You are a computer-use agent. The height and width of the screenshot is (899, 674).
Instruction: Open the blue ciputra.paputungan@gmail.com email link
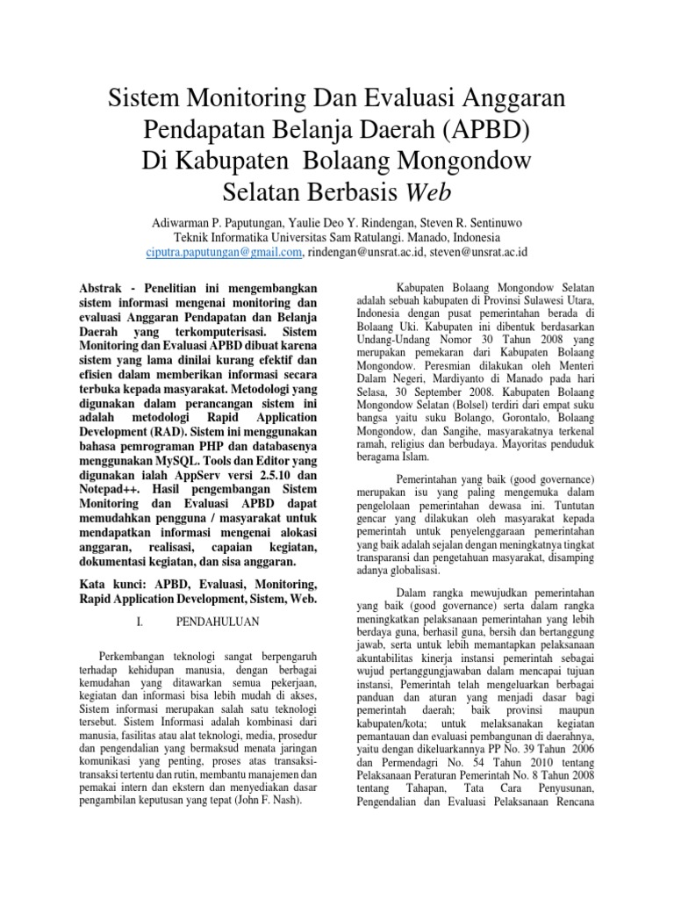tap(224, 252)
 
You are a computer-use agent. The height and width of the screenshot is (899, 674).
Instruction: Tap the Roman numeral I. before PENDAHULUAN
tap(140, 622)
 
